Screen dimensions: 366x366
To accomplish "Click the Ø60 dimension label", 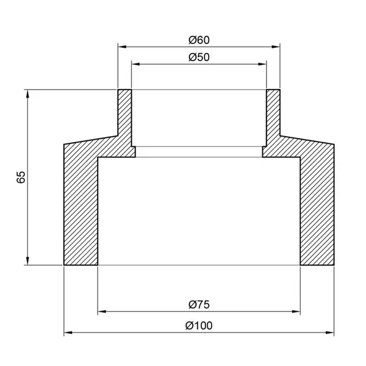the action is (x=199, y=40).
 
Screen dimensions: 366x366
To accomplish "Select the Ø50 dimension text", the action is (x=199, y=57).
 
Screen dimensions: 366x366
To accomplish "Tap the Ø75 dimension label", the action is (x=199, y=305).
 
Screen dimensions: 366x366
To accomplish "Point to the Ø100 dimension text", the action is (x=199, y=326).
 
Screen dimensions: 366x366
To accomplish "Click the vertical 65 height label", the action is (x=21, y=177).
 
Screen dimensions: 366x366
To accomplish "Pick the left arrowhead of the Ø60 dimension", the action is (x=123, y=47).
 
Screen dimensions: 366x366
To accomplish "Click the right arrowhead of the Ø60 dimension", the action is (x=276, y=47).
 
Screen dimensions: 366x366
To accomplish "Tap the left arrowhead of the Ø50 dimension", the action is (x=136, y=64).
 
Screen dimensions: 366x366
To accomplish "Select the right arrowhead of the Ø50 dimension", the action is (x=262, y=64).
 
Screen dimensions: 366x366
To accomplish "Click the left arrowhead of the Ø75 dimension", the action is (x=102, y=311).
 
